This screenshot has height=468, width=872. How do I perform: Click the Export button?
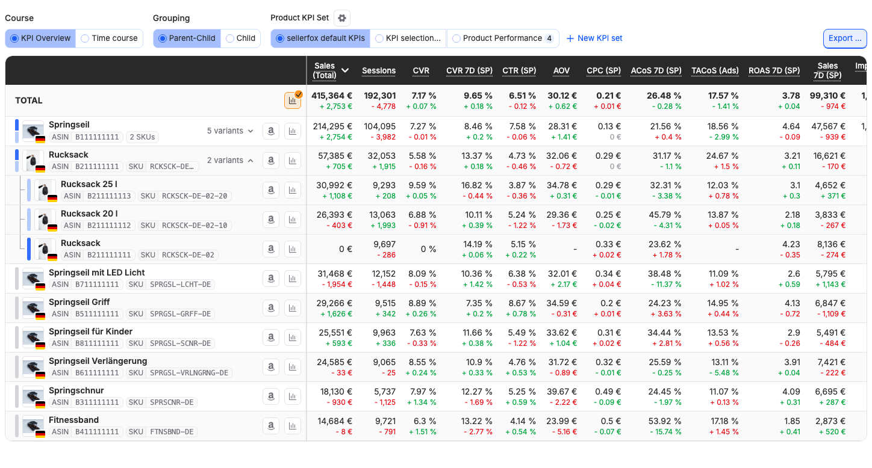(x=845, y=38)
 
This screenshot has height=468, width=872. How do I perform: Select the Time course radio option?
(x=110, y=38)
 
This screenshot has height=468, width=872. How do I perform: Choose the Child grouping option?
(x=240, y=38)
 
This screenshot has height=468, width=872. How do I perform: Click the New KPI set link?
(x=594, y=38)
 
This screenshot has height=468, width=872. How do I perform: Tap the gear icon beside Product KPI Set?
(x=342, y=18)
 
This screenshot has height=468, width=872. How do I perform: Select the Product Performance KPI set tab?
(x=503, y=38)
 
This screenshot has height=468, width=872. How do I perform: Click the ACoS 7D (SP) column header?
(x=656, y=71)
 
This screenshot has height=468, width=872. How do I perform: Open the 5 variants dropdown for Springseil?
(x=230, y=131)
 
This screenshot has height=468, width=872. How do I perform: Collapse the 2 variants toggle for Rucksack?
(x=230, y=161)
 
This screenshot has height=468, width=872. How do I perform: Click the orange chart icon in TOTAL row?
(x=292, y=100)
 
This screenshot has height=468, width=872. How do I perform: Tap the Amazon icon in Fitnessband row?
(x=271, y=426)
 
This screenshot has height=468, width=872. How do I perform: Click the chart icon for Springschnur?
(x=292, y=396)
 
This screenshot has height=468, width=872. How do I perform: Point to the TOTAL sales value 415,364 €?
(x=332, y=96)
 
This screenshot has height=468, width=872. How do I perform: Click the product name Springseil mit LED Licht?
(x=96, y=273)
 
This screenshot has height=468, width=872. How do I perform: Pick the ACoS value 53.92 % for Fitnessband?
(x=665, y=421)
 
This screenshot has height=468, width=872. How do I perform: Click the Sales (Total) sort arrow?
(x=345, y=70)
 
